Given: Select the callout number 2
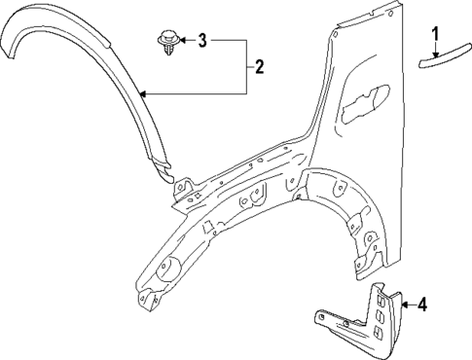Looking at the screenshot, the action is [x=259, y=67].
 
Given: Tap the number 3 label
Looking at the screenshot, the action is [x=202, y=41].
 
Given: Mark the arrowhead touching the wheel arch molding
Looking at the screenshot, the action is [x=144, y=94].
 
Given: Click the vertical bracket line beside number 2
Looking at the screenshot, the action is [x=245, y=67].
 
